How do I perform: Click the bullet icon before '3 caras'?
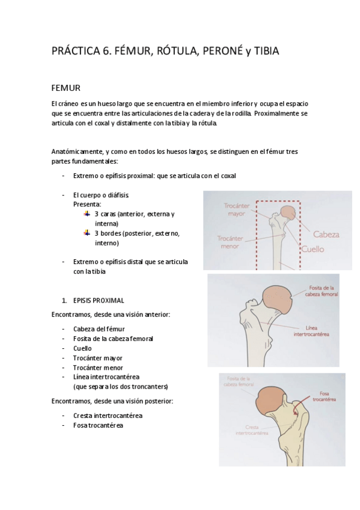(x=88, y=214)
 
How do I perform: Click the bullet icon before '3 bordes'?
(x=88, y=233)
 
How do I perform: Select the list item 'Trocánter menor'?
(x=97, y=367)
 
